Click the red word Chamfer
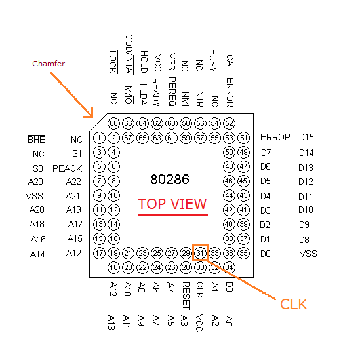click(49, 64)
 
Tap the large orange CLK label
click(294, 304)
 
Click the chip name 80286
click(170, 180)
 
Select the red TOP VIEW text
click(172, 204)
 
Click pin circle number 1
click(99, 138)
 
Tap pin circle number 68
click(113, 123)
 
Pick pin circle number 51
click(244, 138)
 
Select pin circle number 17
click(99, 254)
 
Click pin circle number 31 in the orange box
click(200, 254)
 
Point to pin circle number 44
click(229, 196)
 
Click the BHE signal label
click(36, 140)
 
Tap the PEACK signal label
click(68, 168)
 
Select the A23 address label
click(35, 181)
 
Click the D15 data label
click(306, 137)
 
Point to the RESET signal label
click(186, 296)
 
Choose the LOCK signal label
click(113, 62)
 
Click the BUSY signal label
click(214, 61)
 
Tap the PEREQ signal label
click(172, 92)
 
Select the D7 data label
click(266, 153)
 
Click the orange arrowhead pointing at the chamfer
click(90, 114)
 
